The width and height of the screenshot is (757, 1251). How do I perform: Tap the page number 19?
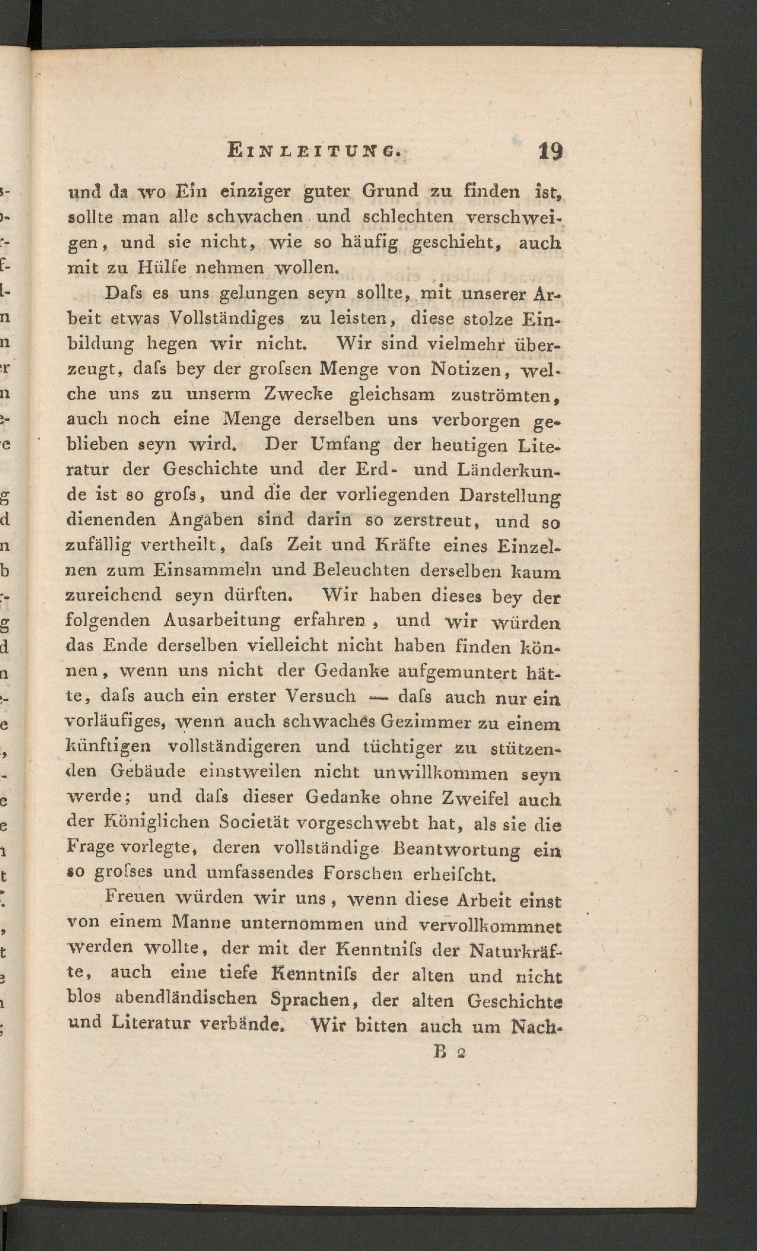[x=550, y=151]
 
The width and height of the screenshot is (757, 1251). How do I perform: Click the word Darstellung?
[x=510, y=496]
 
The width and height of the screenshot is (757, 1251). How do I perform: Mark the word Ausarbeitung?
[x=222, y=620]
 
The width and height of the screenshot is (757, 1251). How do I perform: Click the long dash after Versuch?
[x=378, y=697]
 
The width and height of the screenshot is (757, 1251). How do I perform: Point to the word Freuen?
[x=135, y=897]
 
